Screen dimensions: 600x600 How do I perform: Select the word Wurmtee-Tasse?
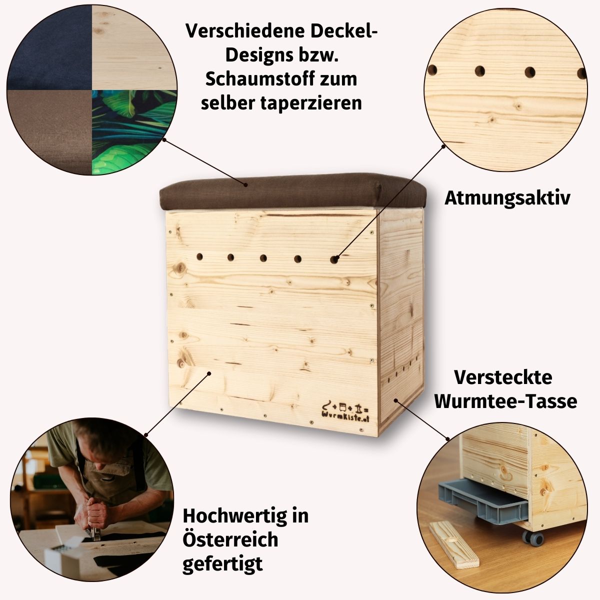tap(505, 401)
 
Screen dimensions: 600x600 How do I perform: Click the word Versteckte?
tap(503, 377)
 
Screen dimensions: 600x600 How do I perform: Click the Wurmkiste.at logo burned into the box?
tap(345, 411)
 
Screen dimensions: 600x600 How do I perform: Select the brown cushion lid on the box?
tap(292, 192)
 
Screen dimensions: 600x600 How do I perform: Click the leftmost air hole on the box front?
tap(199, 257)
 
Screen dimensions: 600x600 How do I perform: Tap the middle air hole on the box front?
tap(263, 258)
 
